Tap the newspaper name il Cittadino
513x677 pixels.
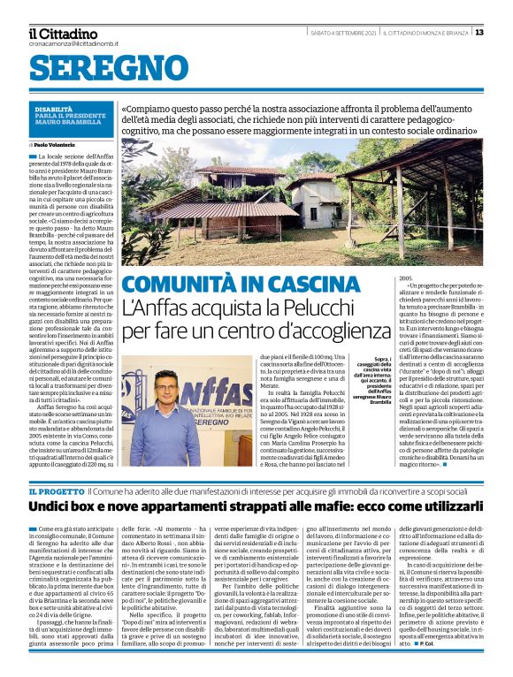pyautogui.click(x=63, y=34)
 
